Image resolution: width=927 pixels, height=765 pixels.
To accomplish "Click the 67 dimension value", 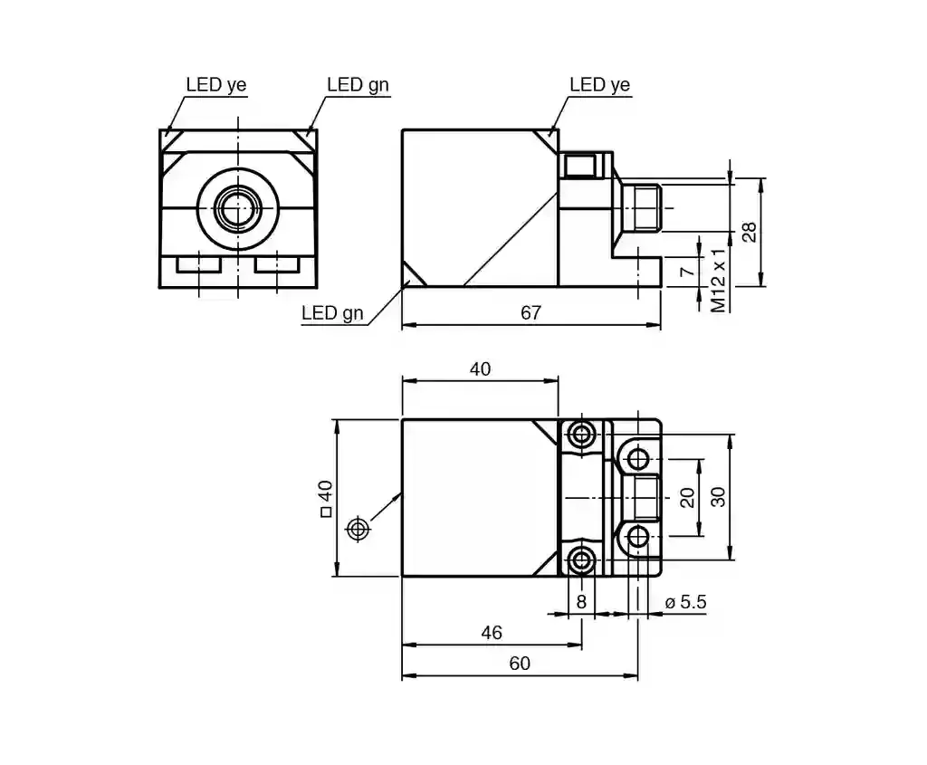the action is point(530,312).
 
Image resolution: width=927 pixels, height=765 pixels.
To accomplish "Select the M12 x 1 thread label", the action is point(718,280).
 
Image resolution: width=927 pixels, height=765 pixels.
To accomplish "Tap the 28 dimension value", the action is point(749,232).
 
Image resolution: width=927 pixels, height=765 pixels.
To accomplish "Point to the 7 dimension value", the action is point(686,272).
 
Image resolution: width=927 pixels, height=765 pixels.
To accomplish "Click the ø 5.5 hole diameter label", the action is point(685,602).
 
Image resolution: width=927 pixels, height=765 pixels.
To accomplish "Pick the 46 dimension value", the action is point(492,633).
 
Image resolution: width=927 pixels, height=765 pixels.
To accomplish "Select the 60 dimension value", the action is point(520,664).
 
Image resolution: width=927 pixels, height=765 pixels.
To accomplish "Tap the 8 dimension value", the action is point(581,602).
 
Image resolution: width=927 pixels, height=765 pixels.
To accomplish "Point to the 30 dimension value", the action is point(718,497).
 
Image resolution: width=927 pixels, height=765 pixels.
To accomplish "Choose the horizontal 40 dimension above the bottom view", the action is point(480,368).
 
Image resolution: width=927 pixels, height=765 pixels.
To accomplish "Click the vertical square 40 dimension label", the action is point(325,498).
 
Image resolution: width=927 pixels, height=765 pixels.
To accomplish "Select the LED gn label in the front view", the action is point(358,84).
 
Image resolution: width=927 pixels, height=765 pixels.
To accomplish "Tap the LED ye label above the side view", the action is point(599,84).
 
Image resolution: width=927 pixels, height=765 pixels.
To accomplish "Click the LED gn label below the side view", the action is point(332,312).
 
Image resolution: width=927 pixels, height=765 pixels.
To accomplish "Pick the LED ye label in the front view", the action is point(215,84).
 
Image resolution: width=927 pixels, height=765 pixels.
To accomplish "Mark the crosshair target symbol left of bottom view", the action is point(357,529).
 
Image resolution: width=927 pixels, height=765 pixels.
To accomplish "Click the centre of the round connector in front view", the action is point(238,208).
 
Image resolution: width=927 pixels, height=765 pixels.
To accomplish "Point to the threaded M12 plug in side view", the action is point(641,208).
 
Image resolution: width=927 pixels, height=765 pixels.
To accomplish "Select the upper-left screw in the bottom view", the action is point(581,435).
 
